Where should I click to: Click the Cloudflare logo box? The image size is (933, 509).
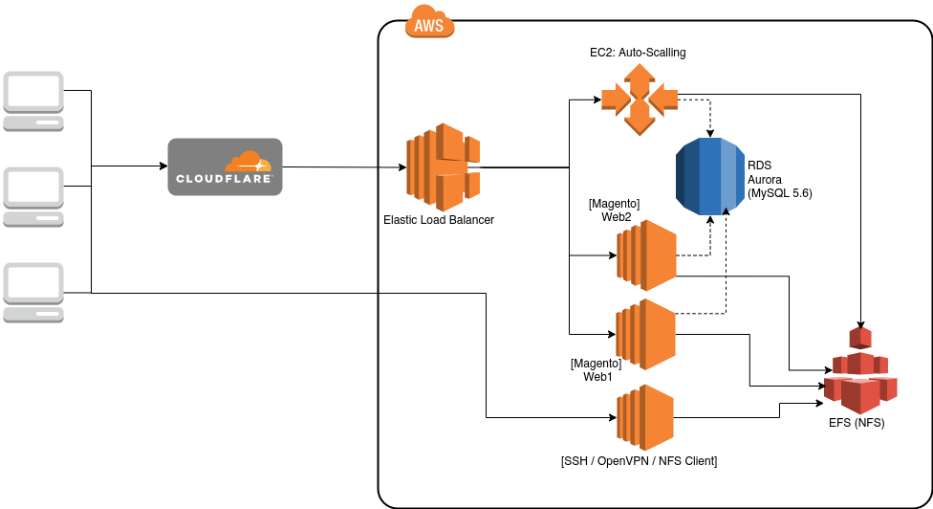225,166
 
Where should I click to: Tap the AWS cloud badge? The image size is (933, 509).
429,22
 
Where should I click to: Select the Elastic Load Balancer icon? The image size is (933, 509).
444,167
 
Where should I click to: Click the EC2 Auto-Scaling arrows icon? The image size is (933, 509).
640,100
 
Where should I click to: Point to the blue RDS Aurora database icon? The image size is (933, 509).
710,176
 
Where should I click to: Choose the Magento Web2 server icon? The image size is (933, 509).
647,255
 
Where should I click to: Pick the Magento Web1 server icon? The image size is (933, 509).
645,335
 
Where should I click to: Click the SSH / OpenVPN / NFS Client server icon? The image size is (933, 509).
645,417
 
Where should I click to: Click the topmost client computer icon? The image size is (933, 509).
33,101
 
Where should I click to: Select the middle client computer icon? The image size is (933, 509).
33,197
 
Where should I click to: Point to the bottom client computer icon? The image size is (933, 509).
33,293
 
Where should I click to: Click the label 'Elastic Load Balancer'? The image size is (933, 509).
439,220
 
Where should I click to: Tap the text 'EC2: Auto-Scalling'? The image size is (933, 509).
638,53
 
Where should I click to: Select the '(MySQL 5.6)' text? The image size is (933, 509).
780,193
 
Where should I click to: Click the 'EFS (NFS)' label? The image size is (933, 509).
857,423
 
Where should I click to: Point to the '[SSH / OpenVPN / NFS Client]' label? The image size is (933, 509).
640,461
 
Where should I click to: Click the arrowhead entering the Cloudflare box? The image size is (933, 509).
164,166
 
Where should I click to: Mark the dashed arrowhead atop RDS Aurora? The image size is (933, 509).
710,133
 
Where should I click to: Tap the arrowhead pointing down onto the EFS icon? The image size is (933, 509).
860,323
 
